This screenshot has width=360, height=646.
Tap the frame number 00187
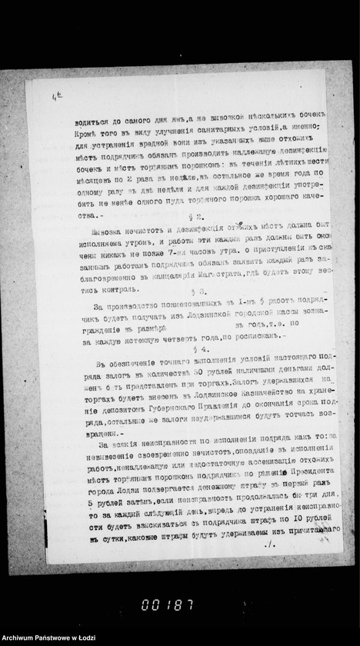coord(167,604)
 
